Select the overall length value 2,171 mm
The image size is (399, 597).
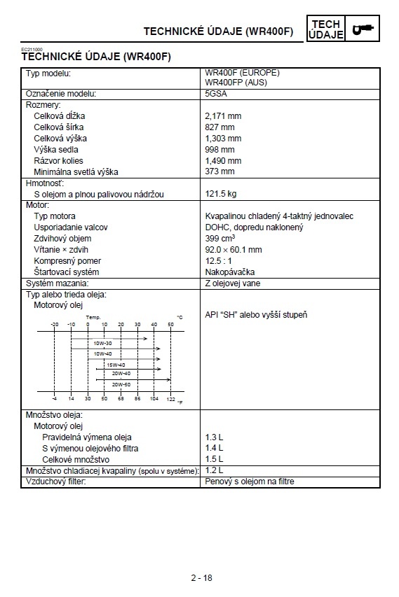pyautogui.click(x=223, y=115)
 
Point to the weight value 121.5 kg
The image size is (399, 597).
pyautogui.click(x=221, y=193)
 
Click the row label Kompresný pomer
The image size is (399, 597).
pyautogui.click(x=67, y=260)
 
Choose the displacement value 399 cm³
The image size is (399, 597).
pyautogui.click(x=221, y=238)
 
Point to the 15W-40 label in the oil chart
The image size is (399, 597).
pyautogui.click(x=115, y=365)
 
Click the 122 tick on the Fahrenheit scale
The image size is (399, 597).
pyautogui.click(x=170, y=399)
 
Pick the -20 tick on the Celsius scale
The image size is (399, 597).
pyautogui.click(x=55, y=325)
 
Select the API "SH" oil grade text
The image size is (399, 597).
pyautogui.click(x=255, y=315)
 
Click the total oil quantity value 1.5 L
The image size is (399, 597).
pyautogui.click(x=214, y=459)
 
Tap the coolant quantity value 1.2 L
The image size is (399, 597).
pyautogui.click(x=213, y=470)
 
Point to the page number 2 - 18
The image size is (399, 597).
pyautogui.click(x=201, y=577)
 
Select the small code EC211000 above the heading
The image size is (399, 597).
pyautogui.click(x=31, y=50)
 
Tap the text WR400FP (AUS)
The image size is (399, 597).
pyautogui.click(x=235, y=82)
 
